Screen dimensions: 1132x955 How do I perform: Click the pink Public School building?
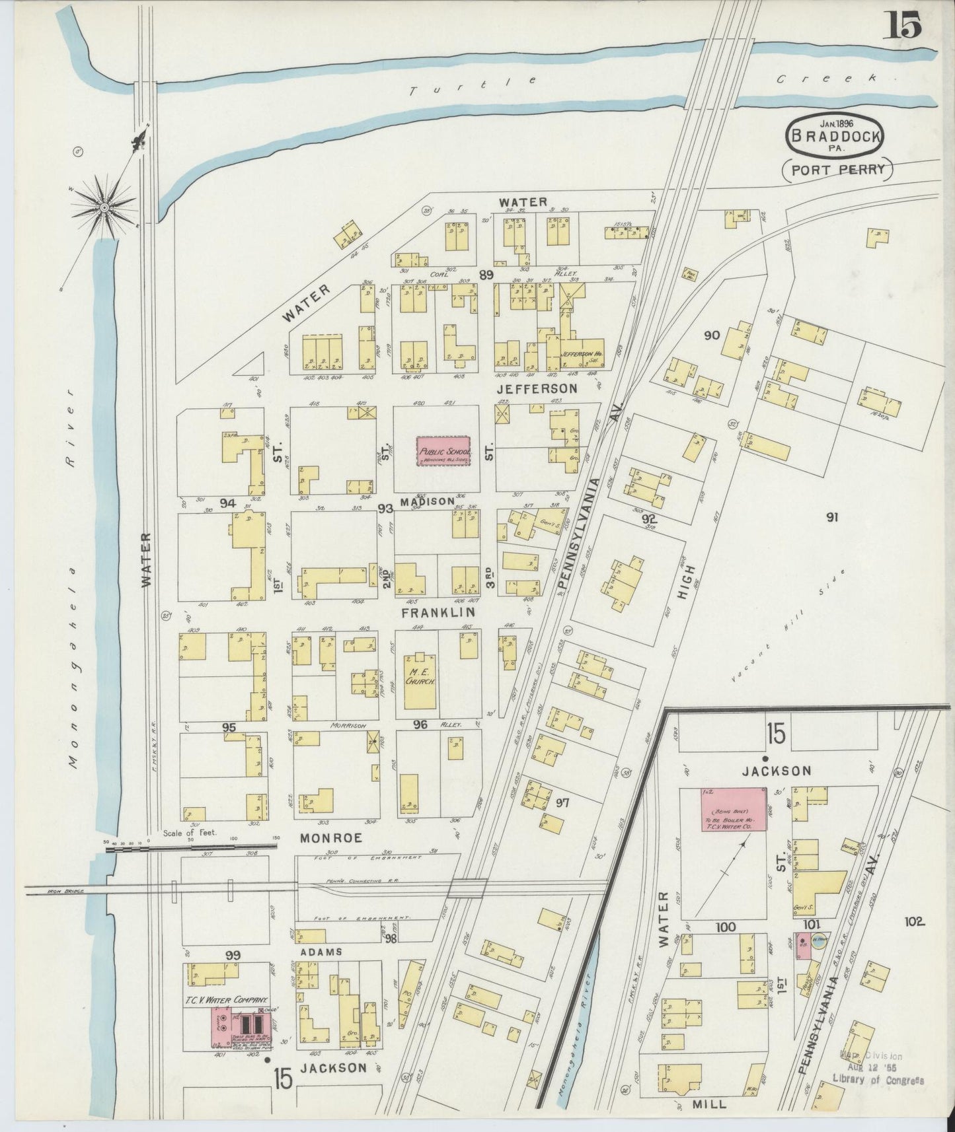[443, 451]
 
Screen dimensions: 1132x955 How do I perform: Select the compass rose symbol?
[104, 206]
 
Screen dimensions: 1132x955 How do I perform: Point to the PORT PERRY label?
[837, 169]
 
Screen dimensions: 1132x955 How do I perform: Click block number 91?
[831, 517]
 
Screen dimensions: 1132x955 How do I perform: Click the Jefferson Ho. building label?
[582, 353]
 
